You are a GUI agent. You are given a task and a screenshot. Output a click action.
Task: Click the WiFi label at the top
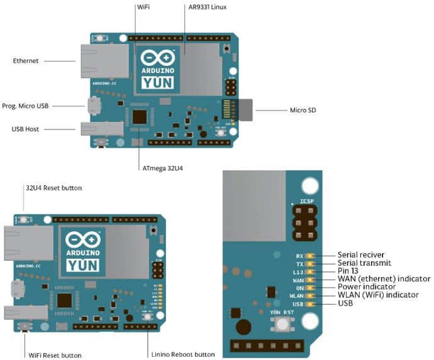tap(142, 7)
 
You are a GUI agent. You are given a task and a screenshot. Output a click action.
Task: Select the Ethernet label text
tap(26, 61)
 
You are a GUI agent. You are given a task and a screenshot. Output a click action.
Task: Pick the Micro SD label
tap(303, 111)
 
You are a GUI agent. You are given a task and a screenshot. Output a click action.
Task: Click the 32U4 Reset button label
tap(53, 188)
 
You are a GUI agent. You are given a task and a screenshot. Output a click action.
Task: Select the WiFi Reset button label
tap(55, 354)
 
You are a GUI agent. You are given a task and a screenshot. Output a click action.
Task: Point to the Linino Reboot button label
tap(182, 354)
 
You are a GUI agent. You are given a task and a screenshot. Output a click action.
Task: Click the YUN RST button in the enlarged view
tap(281, 324)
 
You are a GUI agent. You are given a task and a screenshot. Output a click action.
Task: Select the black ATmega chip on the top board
tap(140, 117)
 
